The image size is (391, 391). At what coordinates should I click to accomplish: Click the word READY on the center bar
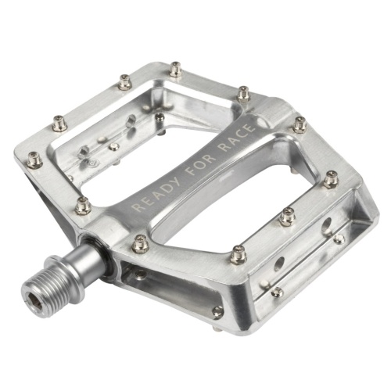[156, 193]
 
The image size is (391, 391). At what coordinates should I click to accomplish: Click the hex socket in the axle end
[34, 302]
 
